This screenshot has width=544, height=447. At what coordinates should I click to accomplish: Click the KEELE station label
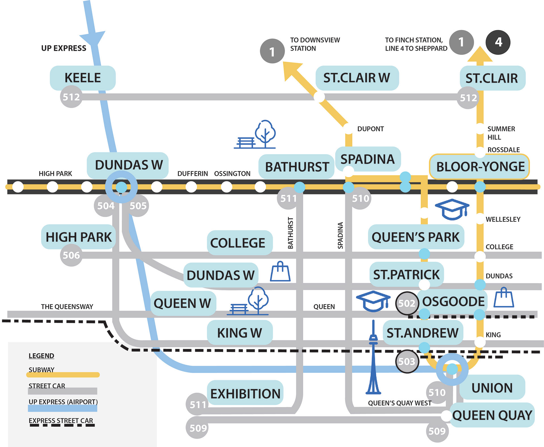click(x=82, y=78)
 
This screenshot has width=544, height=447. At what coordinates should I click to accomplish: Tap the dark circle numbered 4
click(x=498, y=42)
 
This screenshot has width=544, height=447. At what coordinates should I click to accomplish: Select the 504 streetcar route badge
click(x=105, y=206)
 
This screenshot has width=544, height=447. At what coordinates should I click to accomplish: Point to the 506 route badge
click(x=71, y=255)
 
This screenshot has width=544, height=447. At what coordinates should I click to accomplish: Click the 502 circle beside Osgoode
click(x=407, y=303)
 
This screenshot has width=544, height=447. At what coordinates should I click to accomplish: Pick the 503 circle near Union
click(x=407, y=361)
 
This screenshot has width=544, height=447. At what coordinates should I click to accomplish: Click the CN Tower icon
click(x=373, y=359)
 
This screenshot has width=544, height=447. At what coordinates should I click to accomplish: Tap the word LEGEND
click(x=41, y=356)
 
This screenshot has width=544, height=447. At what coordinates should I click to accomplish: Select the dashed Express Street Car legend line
click(x=62, y=425)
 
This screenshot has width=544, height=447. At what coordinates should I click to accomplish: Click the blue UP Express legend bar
click(x=62, y=408)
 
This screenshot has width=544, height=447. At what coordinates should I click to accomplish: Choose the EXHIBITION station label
click(x=245, y=394)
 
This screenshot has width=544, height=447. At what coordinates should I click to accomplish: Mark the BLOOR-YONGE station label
click(x=480, y=167)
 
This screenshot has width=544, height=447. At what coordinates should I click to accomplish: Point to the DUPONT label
click(x=370, y=129)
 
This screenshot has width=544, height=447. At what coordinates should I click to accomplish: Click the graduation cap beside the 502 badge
click(x=373, y=301)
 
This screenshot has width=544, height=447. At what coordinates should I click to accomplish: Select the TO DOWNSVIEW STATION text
click(x=314, y=44)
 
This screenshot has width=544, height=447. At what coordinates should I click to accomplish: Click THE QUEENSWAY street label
click(x=67, y=307)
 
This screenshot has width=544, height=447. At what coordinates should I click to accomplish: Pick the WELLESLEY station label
click(x=503, y=220)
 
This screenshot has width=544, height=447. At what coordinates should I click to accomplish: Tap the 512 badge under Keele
click(x=71, y=97)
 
